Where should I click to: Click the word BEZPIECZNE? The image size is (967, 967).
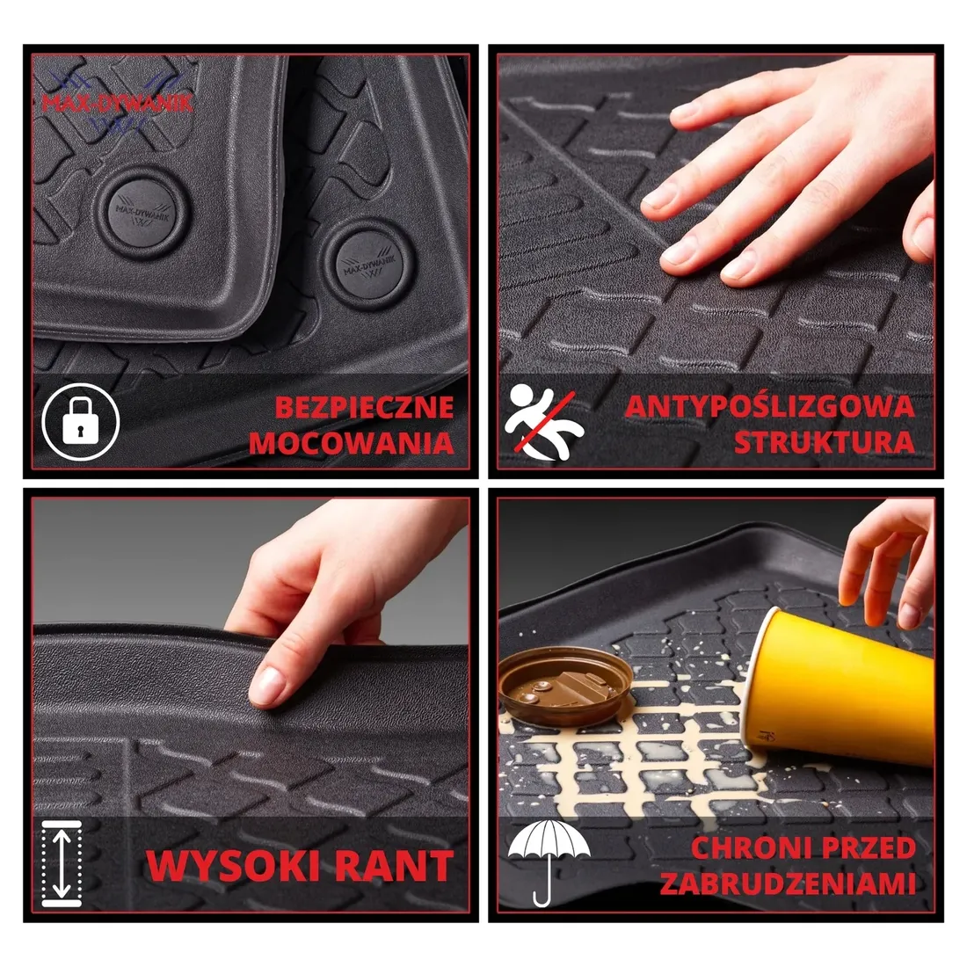click(x=364, y=407)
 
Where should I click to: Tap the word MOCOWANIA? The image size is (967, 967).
click(x=351, y=443)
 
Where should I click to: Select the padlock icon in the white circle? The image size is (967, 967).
click(x=80, y=422)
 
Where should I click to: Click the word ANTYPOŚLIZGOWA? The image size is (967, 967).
click(x=770, y=406)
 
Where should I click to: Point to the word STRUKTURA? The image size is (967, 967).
click(x=824, y=442)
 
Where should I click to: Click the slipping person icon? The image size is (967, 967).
click(x=543, y=422)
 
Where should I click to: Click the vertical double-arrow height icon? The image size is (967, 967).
click(x=62, y=864)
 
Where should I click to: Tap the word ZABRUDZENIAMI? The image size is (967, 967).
click(x=788, y=883)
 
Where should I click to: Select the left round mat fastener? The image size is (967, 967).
click(x=143, y=214)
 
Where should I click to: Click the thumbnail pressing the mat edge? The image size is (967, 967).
click(x=266, y=687)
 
